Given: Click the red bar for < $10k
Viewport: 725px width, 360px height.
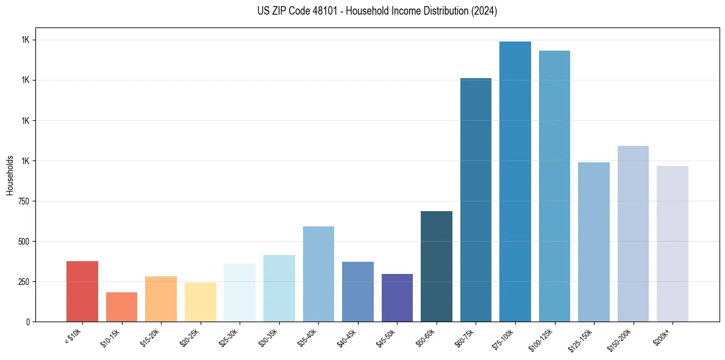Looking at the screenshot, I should coord(82,291).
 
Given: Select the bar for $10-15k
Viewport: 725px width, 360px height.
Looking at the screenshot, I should coord(121,307).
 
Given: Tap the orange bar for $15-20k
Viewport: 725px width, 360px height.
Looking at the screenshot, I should coord(161,299).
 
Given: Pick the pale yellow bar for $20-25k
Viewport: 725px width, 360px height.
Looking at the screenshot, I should coord(201,302).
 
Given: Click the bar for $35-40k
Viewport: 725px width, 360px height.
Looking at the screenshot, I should coord(318,274).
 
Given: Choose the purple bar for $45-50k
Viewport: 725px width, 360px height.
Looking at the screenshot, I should coord(397,298).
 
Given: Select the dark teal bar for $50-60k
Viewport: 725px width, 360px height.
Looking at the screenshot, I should coord(437,266).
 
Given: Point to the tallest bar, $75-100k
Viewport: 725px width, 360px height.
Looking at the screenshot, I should coord(515,181).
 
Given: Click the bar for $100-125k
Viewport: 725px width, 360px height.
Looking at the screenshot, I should coord(554,186).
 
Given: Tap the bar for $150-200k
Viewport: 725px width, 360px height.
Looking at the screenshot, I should coord(633,234).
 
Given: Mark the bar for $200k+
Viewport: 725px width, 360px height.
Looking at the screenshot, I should coord(673,243).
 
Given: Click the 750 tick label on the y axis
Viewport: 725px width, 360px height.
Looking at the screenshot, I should coord(24,201).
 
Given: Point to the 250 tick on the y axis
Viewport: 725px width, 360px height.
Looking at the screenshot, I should coord(24,282).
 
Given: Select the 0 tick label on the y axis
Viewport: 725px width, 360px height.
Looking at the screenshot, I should coord(27,322).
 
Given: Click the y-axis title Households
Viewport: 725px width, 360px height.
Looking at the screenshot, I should coord(10,175).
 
